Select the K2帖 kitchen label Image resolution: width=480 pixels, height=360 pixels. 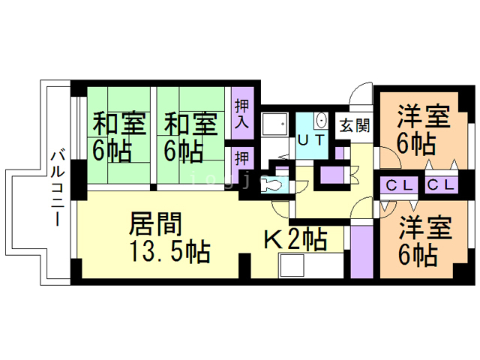(295, 240)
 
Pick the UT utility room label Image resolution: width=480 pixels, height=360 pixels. (311, 139)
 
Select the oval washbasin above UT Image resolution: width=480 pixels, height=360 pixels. (321, 120)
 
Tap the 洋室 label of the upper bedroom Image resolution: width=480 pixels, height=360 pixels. (424, 118)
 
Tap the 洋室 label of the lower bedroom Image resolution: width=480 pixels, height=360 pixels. (424, 227)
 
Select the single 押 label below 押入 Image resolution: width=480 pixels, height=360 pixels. (241, 158)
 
